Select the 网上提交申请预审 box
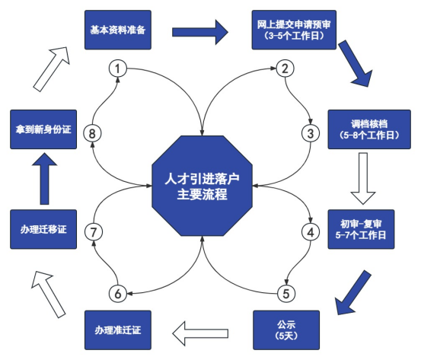(293, 30)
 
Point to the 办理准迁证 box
(118, 330)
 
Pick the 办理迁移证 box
(43, 229)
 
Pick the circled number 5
(285, 292)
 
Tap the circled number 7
(93, 230)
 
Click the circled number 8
(93, 133)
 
